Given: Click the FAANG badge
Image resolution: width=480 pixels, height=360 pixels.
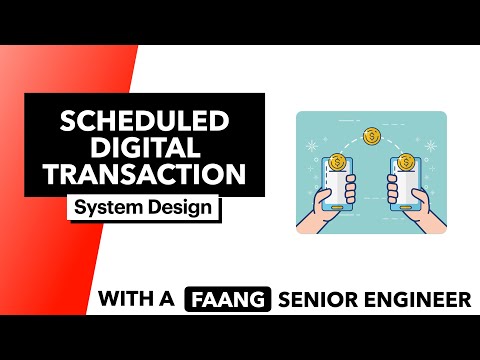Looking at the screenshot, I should point(225,298).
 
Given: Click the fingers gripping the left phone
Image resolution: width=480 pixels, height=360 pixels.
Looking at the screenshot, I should point(321,205).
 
